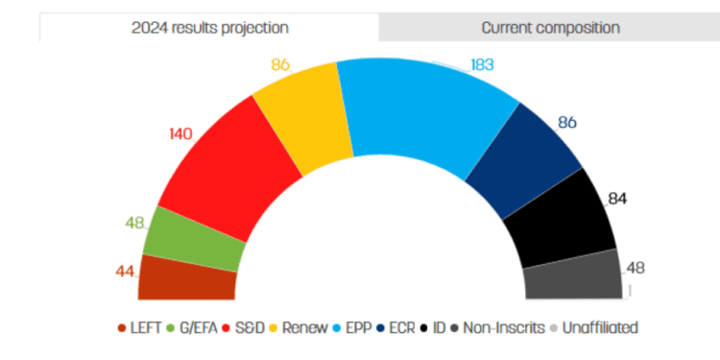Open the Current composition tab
[549, 28]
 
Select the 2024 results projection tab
[209, 28]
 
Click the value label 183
[482, 65]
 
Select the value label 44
[125, 271]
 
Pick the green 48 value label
[134, 223]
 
